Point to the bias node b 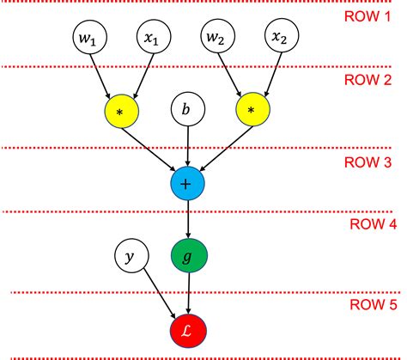[x=185, y=111]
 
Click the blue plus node [x=186, y=182]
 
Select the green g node [x=186, y=255]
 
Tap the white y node [x=131, y=255]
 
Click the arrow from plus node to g [x=186, y=219]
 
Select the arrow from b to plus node [x=185, y=146]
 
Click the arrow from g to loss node [x=186, y=291]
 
